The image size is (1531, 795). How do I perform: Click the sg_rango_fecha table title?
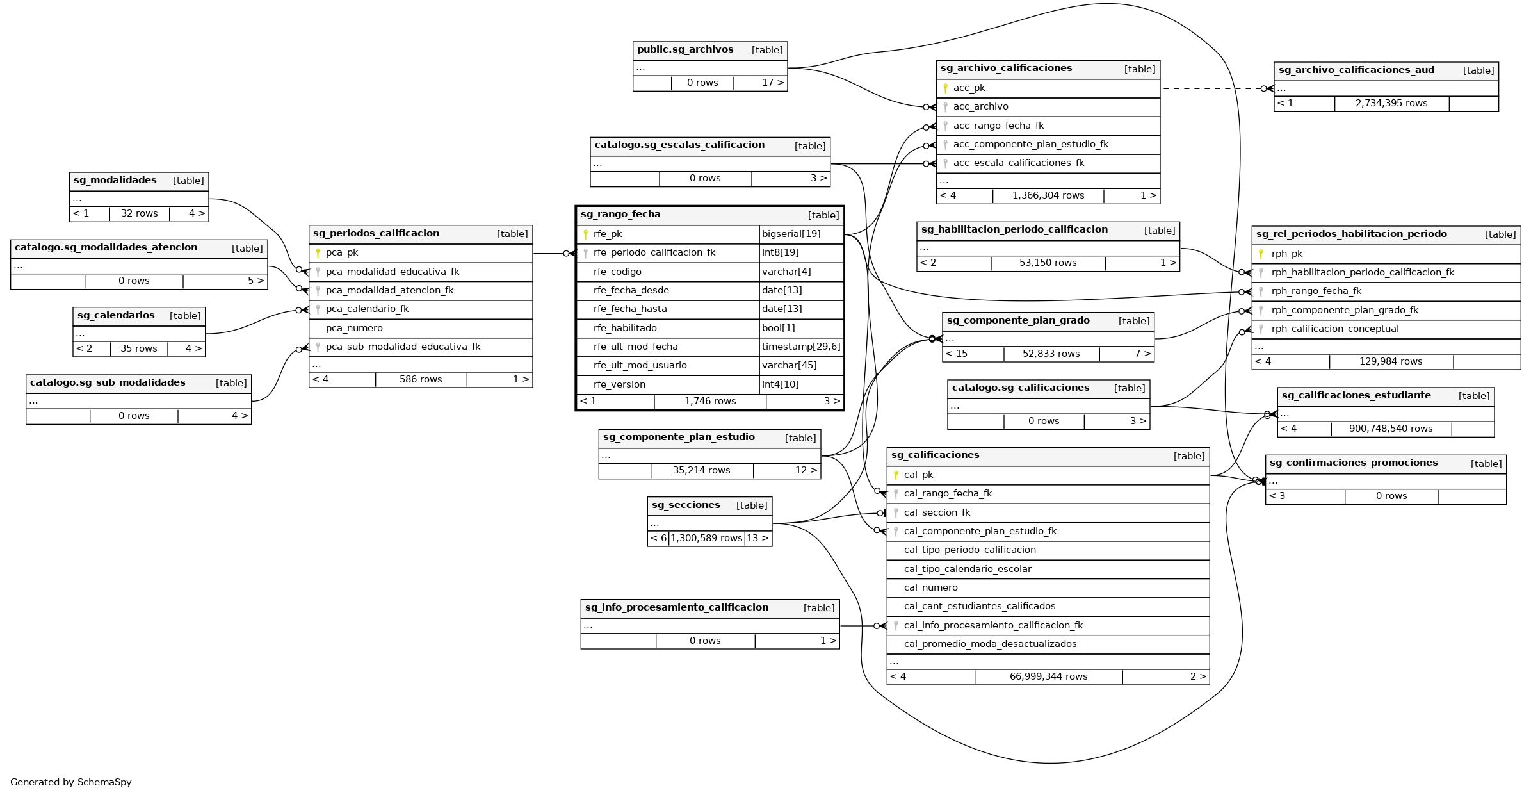(620, 215)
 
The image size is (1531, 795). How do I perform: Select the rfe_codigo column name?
(617, 272)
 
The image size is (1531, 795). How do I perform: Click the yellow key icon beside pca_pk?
(318, 253)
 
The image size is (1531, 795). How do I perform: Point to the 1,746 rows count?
(710, 402)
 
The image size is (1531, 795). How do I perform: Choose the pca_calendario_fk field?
(367, 309)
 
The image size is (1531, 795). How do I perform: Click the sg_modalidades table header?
(115, 181)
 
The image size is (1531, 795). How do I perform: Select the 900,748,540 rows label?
(1391, 429)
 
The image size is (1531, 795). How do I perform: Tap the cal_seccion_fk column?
(937, 513)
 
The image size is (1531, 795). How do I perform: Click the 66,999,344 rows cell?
(1048, 677)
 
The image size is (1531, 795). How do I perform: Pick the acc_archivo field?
(980, 107)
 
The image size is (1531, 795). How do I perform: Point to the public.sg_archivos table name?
(685, 50)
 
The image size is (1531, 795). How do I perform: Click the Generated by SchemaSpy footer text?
(71, 782)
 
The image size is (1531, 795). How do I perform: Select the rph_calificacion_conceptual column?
(1335, 329)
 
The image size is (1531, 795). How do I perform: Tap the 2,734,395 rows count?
(1391, 104)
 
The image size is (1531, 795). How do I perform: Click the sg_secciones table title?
(686, 505)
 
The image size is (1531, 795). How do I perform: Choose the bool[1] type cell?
(779, 328)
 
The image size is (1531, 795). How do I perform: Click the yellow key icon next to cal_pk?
(896, 475)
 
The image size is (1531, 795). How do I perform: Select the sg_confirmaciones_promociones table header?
(1353, 463)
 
